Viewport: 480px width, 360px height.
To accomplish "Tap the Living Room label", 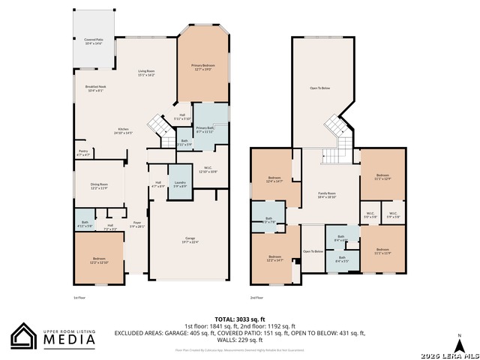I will click(145, 73).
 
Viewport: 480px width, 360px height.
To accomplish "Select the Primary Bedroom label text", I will click(204, 67).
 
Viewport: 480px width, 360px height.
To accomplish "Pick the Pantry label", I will click(83, 152).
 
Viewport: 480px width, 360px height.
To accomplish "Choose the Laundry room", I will click(180, 183).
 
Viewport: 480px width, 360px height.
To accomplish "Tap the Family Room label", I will click(327, 194).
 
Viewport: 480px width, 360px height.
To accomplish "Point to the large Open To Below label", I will click(319, 88).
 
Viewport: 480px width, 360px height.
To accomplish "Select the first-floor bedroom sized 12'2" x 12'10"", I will click(100, 260).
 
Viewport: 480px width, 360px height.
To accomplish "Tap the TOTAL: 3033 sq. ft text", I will click(239, 318).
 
